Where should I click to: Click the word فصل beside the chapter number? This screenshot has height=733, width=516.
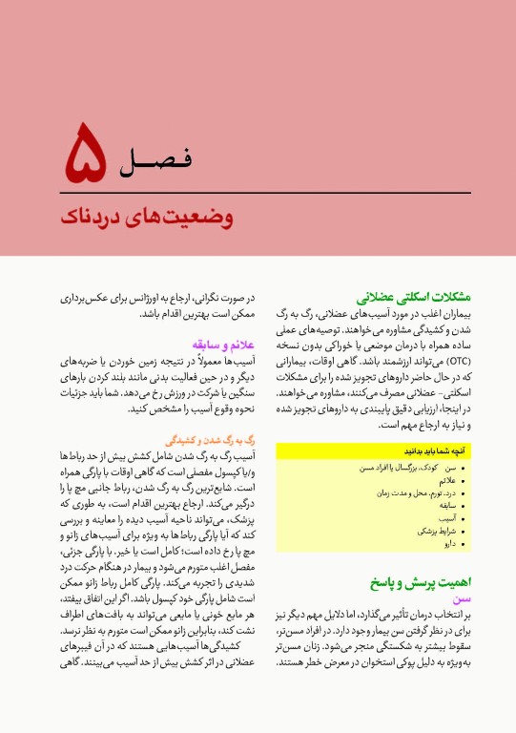[x=158, y=159]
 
